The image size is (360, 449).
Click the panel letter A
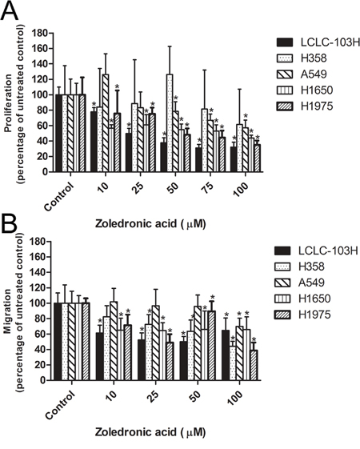[10, 11]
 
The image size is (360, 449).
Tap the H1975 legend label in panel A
[317, 106]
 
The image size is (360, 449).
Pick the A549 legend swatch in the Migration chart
[282, 283]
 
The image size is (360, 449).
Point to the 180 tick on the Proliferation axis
[40, 34]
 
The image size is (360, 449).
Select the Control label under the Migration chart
[61, 405]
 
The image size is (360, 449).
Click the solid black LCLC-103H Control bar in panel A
[58, 133]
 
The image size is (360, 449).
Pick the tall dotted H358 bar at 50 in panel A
[170, 123]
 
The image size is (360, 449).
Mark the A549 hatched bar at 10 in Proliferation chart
[106, 123]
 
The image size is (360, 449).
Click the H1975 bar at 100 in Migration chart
[254, 365]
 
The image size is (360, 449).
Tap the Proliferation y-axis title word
[9, 103]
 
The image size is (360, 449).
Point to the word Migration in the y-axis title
[9, 311]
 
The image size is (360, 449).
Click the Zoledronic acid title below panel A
[150, 223]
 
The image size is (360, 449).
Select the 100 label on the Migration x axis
[236, 399]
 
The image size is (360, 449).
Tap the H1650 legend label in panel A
[317, 90]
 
